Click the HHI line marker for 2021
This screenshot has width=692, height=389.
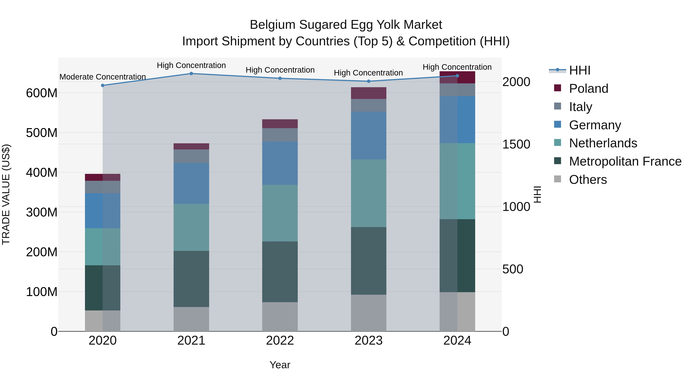pyautogui.click(x=191, y=74)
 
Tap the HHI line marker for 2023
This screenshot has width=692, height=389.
pyautogui.click(x=368, y=81)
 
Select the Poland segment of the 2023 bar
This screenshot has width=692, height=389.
pyautogui.click(x=368, y=93)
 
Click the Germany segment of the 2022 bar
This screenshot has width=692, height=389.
pyautogui.click(x=280, y=163)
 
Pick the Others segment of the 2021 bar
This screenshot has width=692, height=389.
pyautogui.click(x=191, y=319)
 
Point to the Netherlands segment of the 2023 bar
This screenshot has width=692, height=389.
pyautogui.click(x=368, y=193)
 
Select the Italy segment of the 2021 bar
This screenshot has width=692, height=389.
pyautogui.click(x=191, y=156)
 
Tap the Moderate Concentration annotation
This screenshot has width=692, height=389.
pyautogui.click(x=103, y=77)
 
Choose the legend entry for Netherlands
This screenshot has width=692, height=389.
pyautogui.click(x=603, y=143)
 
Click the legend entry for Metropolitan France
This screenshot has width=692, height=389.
pyautogui.click(x=625, y=161)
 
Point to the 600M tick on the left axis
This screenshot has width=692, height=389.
pyautogui.click(x=42, y=93)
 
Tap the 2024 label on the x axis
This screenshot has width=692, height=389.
pyautogui.click(x=457, y=341)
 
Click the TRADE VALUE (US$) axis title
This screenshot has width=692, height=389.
pyautogui.click(x=6, y=194)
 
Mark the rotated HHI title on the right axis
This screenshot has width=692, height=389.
pyautogui.click(x=537, y=194)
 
